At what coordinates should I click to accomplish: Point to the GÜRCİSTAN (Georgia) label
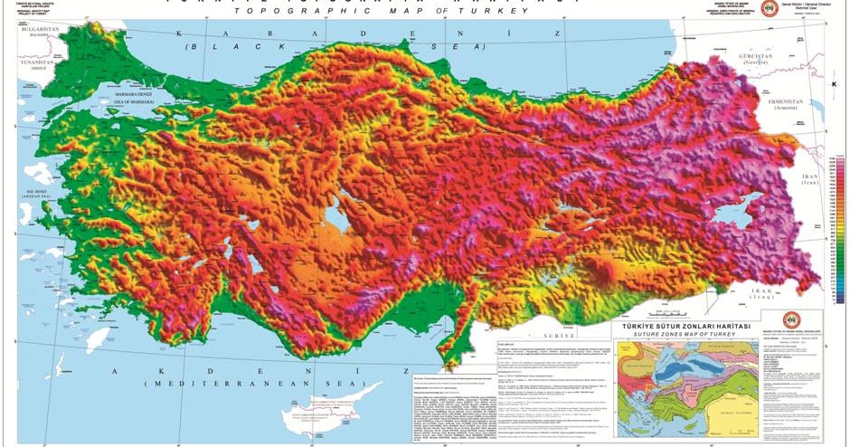coord(757,57)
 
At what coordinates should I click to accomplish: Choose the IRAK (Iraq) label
coord(758,293)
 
